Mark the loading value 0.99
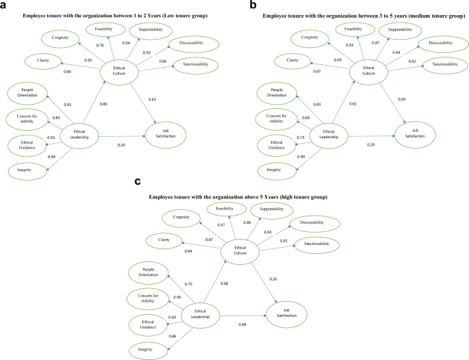[159, 297]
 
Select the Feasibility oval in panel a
[104, 29]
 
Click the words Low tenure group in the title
[190, 14]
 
